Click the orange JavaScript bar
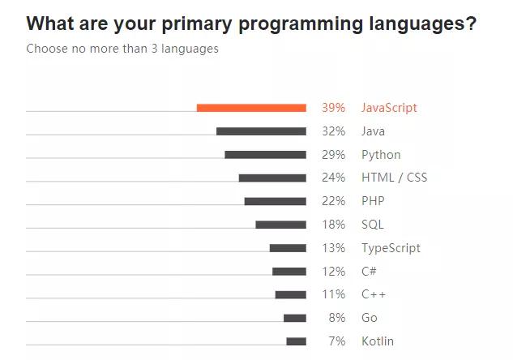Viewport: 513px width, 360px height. point(251,108)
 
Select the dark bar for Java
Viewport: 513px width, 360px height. point(261,131)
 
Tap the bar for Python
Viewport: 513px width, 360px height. point(265,155)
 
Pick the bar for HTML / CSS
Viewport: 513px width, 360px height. point(272,178)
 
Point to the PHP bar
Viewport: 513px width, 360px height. point(275,201)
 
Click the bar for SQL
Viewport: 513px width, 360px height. point(280,225)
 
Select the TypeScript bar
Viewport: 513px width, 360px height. point(288,248)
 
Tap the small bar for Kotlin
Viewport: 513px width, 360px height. point(296,341)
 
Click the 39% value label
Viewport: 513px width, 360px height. point(333,108)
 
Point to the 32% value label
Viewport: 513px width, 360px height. point(333,131)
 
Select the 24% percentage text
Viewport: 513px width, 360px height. point(333,178)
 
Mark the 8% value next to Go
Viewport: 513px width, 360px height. point(337,318)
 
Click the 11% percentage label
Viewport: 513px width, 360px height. point(333,294)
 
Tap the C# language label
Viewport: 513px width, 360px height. point(369,272)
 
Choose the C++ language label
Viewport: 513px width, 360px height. point(374,294)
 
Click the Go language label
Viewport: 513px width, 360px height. point(369,318)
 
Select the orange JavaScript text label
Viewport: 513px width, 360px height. point(389,108)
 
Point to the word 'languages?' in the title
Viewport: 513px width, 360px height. point(421,24)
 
